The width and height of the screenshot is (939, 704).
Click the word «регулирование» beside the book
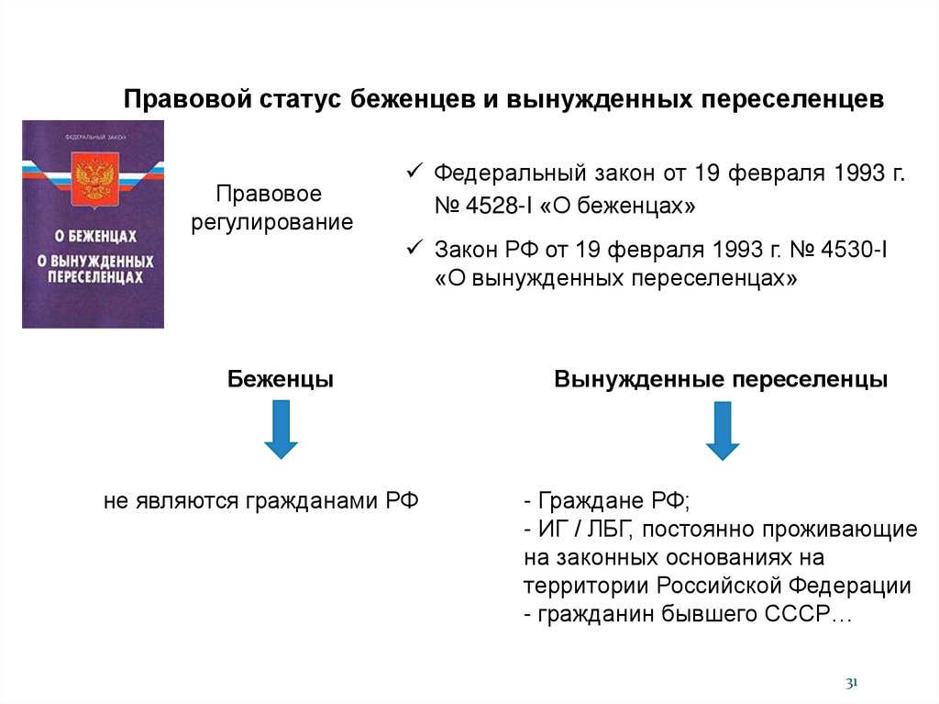tap(271, 223)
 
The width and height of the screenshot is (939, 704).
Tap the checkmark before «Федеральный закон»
tap(414, 172)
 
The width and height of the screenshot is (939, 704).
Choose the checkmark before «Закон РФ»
tap(414, 247)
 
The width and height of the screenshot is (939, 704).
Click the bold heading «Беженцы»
tap(281, 379)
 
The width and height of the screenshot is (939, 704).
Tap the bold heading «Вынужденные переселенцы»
tap(721, 379)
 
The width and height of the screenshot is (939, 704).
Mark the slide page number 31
tap(850, 682)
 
